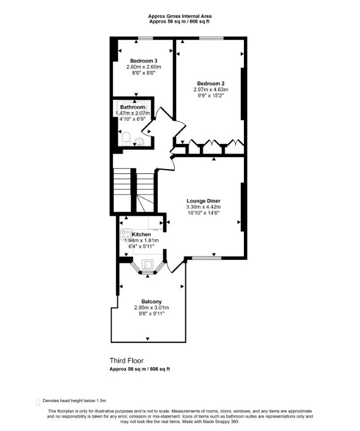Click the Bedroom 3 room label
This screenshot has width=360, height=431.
(143, 61)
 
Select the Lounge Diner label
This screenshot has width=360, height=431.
(204, 201)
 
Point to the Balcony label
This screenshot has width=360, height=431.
(152, 302)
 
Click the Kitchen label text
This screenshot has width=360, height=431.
(141, 235)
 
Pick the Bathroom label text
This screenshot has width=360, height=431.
(132, 107)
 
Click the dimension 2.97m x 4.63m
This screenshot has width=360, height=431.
(211, 90)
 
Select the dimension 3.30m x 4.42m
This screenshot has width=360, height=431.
(204, 207)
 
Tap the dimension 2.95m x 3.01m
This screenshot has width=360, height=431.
(152, 308)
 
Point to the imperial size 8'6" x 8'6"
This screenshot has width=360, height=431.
(143, 73)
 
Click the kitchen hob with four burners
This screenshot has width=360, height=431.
(126, 234)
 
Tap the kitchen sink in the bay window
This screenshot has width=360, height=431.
(148, 265)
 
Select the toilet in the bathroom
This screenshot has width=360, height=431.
(126, 138)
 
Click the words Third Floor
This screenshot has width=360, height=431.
(127, 361)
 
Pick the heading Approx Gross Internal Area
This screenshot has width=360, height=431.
(179, 16)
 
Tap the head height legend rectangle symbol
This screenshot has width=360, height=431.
(38, 401)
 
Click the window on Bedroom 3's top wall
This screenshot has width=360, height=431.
(145, 38)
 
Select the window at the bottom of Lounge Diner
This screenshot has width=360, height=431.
(206, 258)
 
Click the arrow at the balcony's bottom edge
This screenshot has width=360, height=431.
(148, 339)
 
